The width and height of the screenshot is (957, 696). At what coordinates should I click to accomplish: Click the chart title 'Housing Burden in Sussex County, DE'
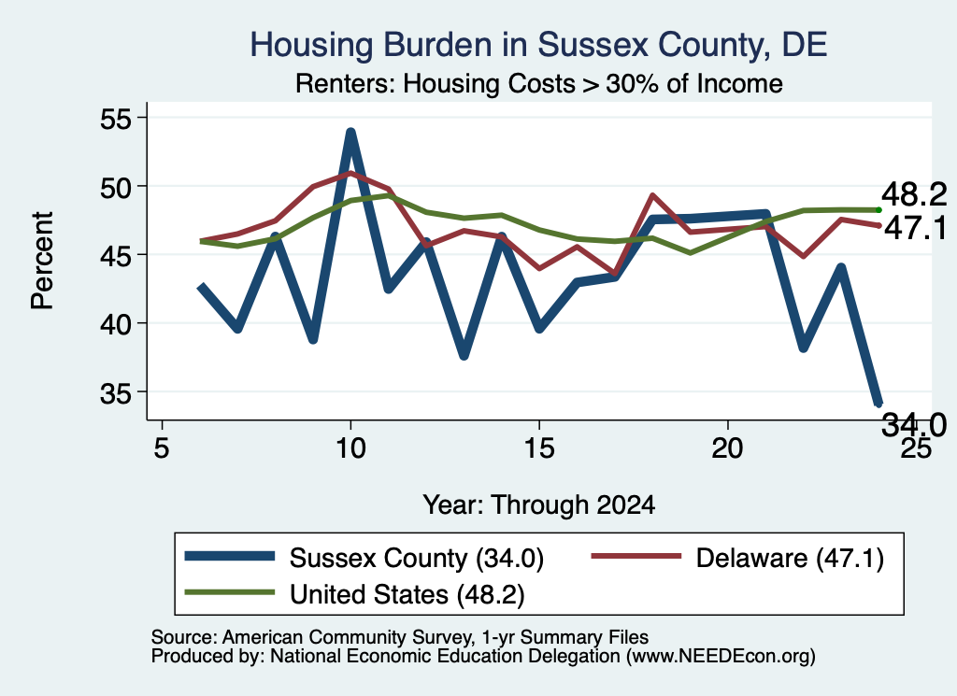[x=538, y=45]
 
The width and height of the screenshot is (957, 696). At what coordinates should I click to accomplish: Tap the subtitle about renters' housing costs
[x=539, y=83]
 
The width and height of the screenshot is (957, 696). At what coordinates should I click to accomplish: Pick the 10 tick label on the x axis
[x=350, y=448]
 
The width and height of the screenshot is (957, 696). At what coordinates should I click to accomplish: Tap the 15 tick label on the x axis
[x=539, y=448]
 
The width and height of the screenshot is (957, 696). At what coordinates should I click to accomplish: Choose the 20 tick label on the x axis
[x=727, y=448]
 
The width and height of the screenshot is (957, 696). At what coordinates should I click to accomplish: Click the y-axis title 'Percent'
[x=42, y=261]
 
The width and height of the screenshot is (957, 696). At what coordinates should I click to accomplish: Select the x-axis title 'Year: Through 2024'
[x=539, y=505]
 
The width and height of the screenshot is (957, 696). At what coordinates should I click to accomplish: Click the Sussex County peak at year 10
[x=350, y=132]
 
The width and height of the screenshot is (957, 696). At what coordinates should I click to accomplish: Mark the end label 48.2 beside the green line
[x=914, y=194]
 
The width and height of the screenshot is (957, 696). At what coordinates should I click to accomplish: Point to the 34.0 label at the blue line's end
[x=914, y=424]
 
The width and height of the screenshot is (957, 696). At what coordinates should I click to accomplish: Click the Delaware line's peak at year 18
[x=652, y=195]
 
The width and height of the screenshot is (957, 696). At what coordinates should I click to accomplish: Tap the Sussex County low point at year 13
[x=464, y=356]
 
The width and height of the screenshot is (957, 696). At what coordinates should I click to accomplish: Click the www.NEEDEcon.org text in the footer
[x=721, y=657]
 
